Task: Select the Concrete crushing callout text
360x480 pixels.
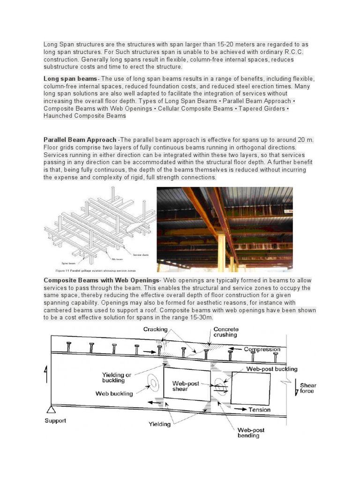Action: click(x=225, y=332)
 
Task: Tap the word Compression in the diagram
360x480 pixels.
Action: click(x=262, y=349)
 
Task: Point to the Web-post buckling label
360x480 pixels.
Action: click(x=272, y=369)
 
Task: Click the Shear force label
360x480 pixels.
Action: click(x=308, y=388)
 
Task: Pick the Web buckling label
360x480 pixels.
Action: click(x=114, y=393)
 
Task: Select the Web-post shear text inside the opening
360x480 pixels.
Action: click(x=186, y=386)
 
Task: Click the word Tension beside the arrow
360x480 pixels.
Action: click(x=259, y=410)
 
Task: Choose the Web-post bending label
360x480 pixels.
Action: click(x=251, y=433)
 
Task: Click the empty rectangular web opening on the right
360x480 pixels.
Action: click(x=251, y=388)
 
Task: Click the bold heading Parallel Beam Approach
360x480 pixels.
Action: click(x=80, y=140)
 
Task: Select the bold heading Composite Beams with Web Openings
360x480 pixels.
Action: click(x=101, y=280)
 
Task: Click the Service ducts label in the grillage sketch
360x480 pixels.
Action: click(x=140, y=255)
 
